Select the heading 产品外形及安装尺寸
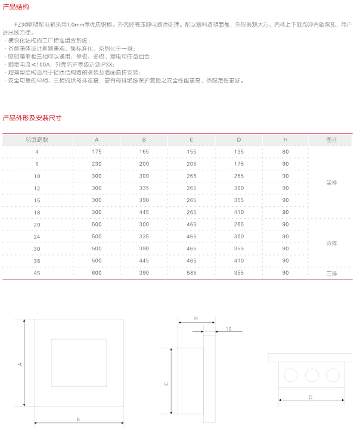[x=32, y=117]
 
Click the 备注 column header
[x=331, y=139]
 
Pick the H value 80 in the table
[x=285, y=152]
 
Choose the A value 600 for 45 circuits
[x=97, y=272]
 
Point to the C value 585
[x=191, y=272]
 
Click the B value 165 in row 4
[x=144, y=152]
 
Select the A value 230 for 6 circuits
[x=97, y=164]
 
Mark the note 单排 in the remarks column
[x=331, y=182]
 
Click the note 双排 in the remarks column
[x=331, y=243]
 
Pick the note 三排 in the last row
[x=331, y=272]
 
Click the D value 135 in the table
[x=239, y=152]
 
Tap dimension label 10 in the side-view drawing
[x=228, y=329]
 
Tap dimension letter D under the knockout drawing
[x=311, y=396]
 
